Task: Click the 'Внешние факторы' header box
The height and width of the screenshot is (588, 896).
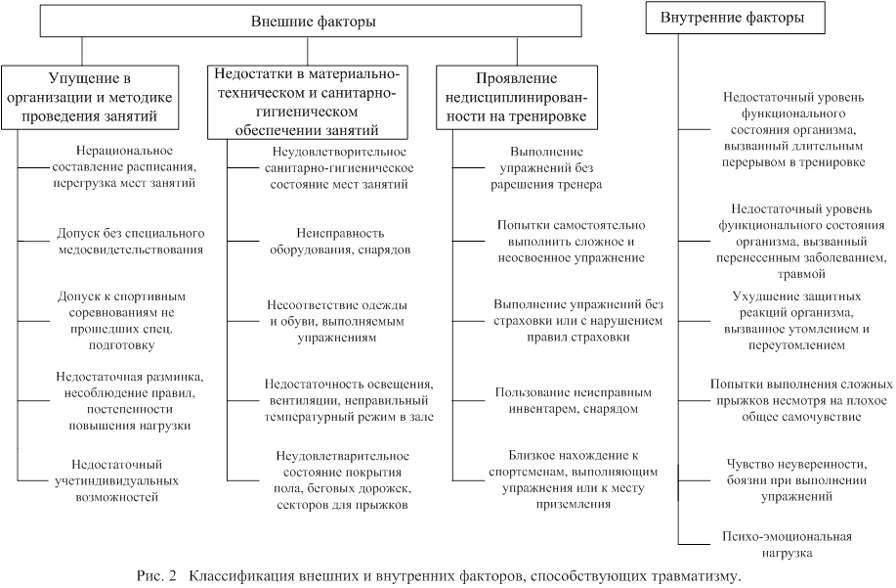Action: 311,22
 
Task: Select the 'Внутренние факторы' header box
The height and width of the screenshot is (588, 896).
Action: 735,18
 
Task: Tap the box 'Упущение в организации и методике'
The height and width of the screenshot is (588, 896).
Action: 90,97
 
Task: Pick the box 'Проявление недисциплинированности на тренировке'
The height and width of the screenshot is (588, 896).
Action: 517,97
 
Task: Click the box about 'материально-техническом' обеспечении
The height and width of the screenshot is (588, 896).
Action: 308,102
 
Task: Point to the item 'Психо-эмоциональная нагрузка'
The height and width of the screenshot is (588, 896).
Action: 787,545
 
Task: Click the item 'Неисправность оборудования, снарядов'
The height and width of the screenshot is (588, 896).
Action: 340,242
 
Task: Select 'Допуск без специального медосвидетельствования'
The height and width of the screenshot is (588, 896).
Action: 131,242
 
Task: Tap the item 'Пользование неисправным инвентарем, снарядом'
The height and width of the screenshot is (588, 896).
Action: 574,400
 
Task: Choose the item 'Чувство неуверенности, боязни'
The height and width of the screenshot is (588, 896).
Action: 796,480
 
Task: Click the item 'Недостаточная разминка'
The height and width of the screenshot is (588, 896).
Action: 130,401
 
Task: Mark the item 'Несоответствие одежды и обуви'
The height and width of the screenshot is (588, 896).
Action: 337,321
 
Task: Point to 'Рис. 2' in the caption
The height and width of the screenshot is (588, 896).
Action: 157,575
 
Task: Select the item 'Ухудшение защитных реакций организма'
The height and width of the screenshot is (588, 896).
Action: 796,321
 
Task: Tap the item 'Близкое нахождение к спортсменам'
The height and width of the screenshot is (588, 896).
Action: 574,480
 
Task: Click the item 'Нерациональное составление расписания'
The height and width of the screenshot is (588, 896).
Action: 124,167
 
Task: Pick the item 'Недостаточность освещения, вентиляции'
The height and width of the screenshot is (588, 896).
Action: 349,400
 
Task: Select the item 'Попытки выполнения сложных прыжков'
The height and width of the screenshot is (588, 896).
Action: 801,400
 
